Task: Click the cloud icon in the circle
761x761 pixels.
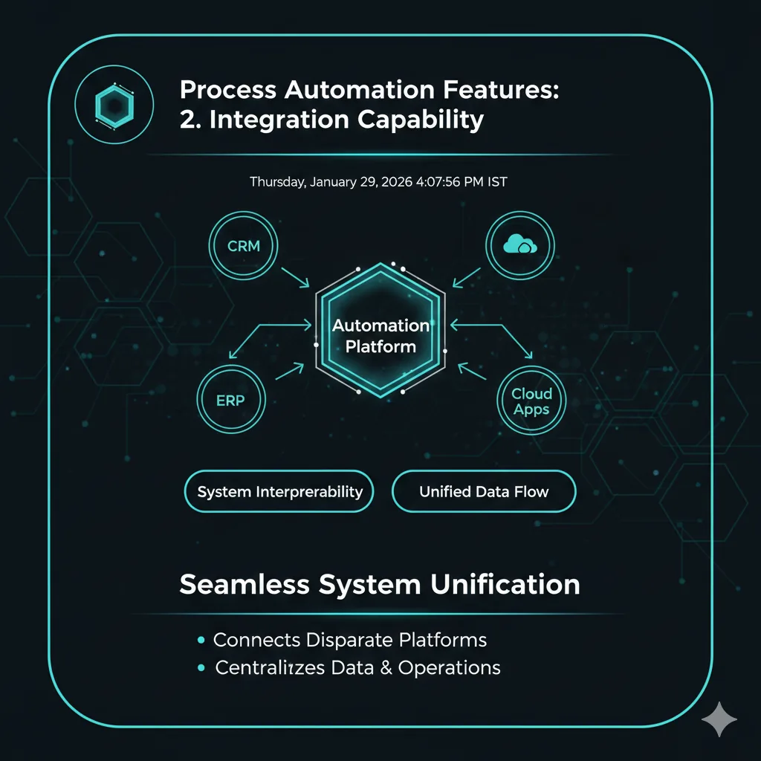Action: click(x=519, y=244)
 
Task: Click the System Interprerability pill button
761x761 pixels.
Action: click(x=279, y=491)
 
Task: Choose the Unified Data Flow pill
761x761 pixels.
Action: click(x=484, y=491)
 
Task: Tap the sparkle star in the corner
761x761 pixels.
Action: click(x=719, y=719)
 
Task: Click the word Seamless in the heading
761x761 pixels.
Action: click(x=245, y=584)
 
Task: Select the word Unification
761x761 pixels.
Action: click(x=505, y=584)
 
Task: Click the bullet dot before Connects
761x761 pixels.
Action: click(x=201, y=640)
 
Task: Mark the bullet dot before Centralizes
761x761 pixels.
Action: click(x=201, y=668)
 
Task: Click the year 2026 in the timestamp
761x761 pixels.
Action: click(x=397, y=182)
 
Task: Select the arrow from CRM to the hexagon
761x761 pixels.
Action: click(x=295, y=277)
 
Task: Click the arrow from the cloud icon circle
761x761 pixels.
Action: click(x=467, y=277)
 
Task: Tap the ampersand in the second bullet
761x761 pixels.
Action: click(x=386, y=668)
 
